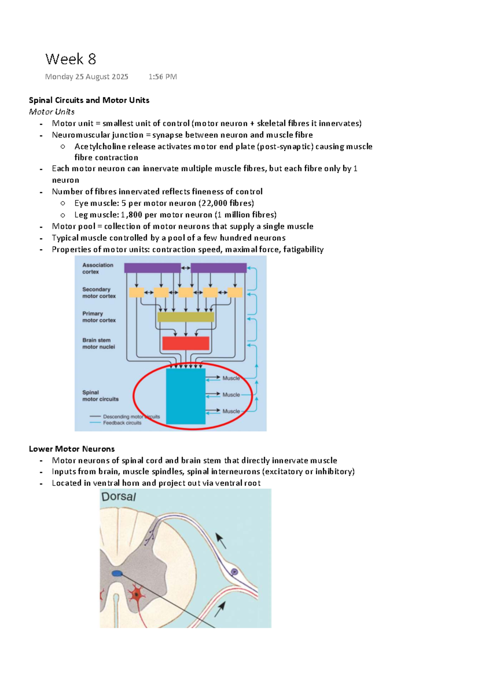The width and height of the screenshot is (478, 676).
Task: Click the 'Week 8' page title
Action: [x=71, y=59]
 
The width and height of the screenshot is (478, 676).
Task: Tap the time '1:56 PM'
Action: [x=163, y=76]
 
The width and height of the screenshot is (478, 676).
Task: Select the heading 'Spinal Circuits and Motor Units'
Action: [x=89, y=100]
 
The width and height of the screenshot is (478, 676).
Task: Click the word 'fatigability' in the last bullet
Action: [x=303, y=249]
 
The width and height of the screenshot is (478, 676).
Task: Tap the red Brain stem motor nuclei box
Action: [x=186, y=343]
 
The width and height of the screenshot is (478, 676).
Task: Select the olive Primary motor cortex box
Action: [x=186, y=317]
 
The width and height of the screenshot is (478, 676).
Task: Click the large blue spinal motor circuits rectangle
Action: [x=186, y=396]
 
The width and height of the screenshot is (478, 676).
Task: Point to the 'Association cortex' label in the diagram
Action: [x=98, y=268]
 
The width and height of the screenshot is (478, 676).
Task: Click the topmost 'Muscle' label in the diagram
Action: [x=231, y=378]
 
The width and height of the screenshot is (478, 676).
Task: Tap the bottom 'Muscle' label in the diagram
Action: [x=231, y=411]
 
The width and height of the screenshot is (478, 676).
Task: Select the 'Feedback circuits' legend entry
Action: [x=122, y=423]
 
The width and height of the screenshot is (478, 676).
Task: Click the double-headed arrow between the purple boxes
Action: [x=186, y=268]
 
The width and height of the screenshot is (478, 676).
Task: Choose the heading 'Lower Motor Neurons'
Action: [x=72, y=449]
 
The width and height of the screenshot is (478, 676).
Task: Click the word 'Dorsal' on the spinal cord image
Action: [x=119, y=496]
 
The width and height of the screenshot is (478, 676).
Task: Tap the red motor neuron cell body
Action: [x=137, y=594]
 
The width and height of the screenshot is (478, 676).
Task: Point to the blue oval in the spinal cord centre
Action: [x=117, y=573]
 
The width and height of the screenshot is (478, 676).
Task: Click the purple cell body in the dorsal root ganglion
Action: [x=235, y=572]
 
